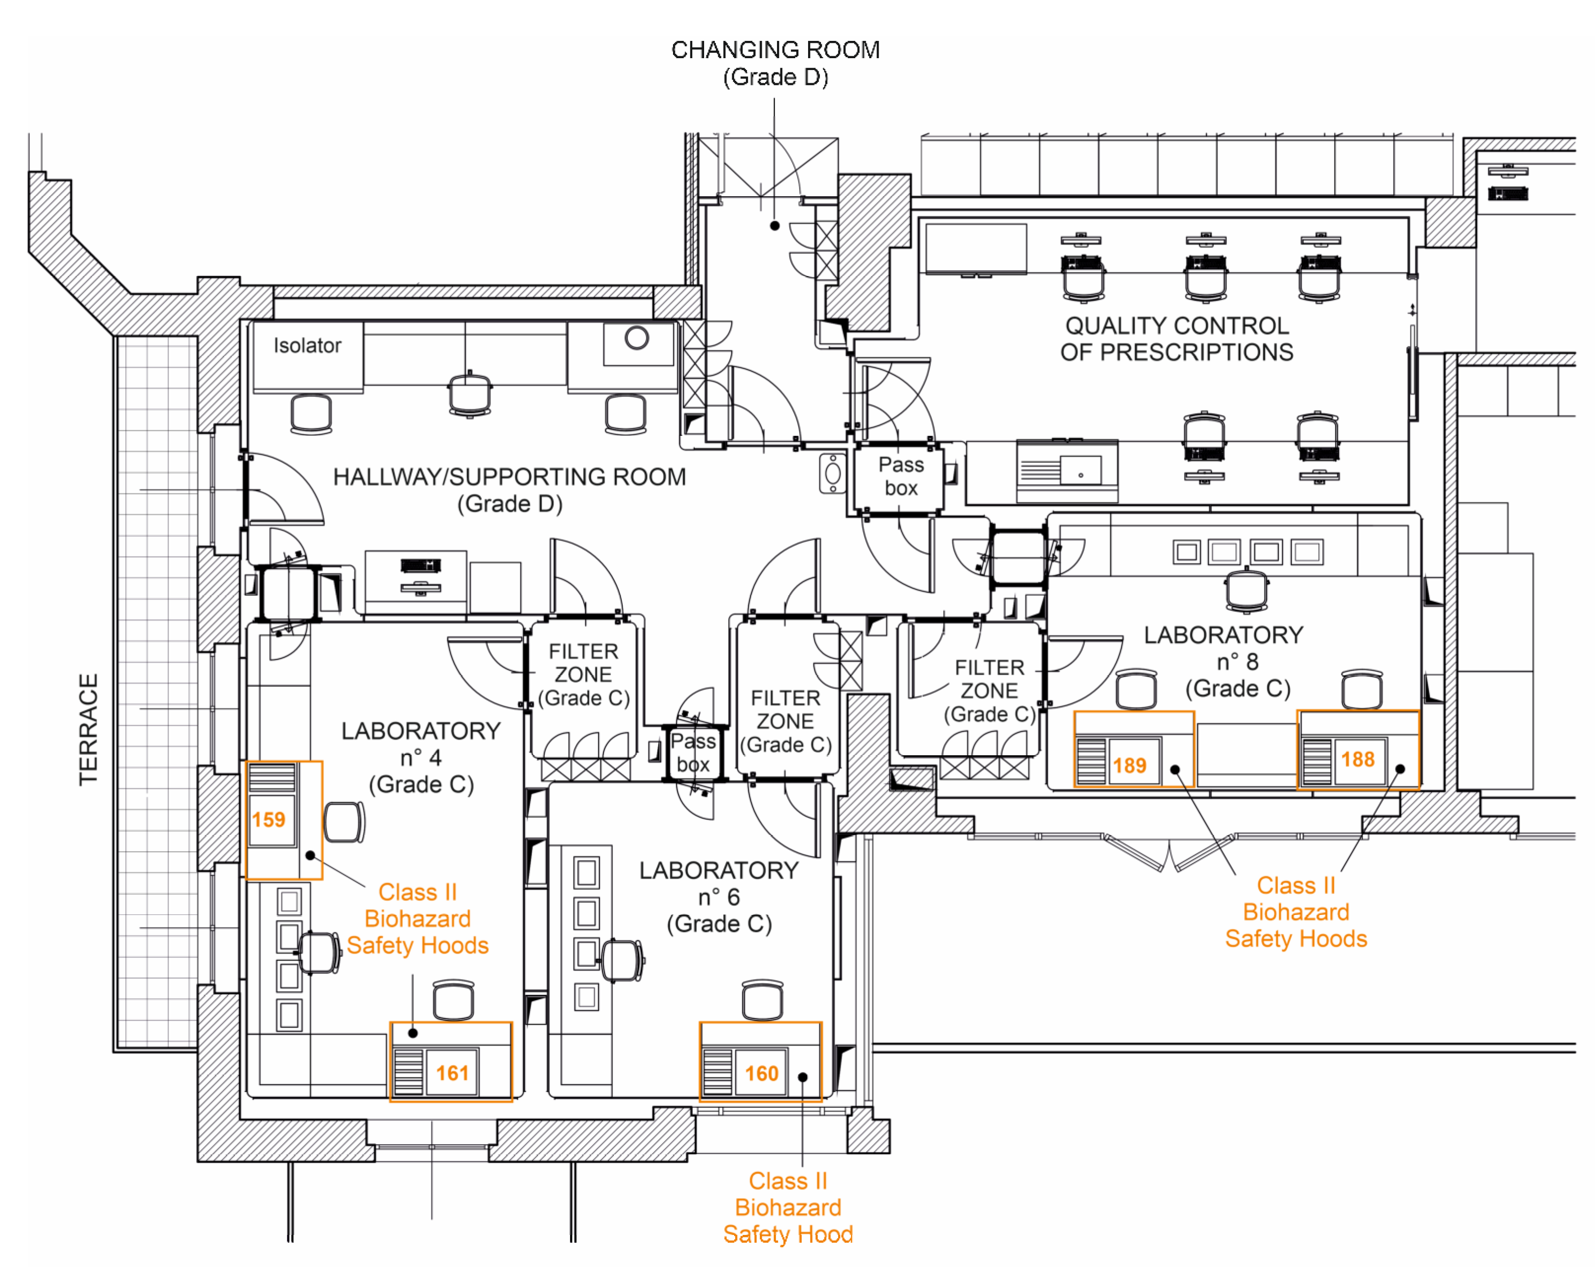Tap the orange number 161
452,1073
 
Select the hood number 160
761,1073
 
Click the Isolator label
307,346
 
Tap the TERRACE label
89,729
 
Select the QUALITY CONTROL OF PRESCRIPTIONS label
1176,339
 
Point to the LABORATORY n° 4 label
421,757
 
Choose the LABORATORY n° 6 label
719,896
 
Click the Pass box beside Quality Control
900,476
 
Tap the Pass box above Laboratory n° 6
693,752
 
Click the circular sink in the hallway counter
637,338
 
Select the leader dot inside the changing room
775,226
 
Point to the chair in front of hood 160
762,999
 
